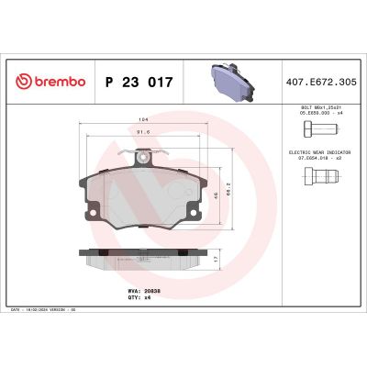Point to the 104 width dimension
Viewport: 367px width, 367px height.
click(x=142, y=119)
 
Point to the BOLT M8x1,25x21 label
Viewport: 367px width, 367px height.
click(x=311, y=108)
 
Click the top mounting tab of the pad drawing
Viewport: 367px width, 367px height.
click(x=142, y=159)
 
